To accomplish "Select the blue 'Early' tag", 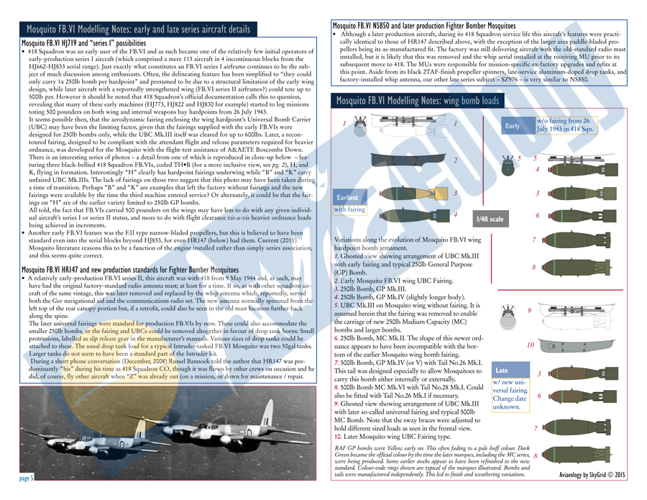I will pos(513,125).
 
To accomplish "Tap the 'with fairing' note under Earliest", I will pos(351,210).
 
